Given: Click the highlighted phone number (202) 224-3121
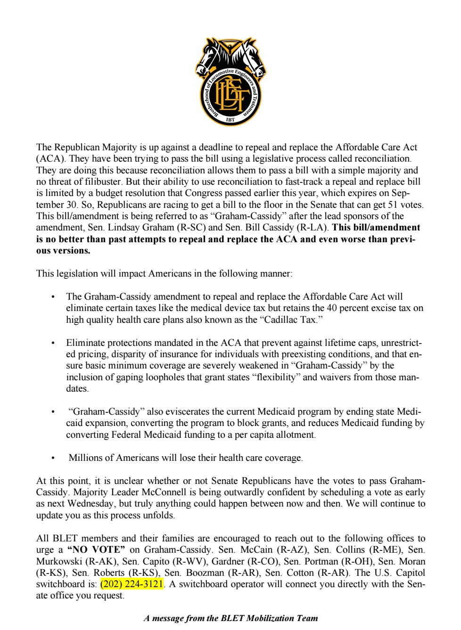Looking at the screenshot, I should point(132,584).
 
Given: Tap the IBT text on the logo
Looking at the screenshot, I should point(230,120).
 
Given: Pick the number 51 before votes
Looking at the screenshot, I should point(392,205).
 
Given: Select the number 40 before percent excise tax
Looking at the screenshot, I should point(332,308).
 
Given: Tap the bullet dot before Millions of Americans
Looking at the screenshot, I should point(53,458).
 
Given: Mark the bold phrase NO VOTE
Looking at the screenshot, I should point(97,550).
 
